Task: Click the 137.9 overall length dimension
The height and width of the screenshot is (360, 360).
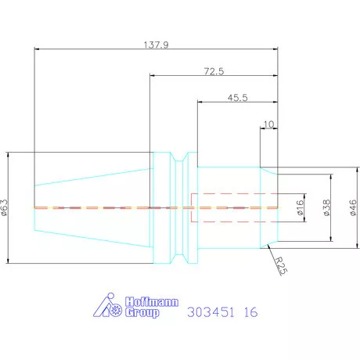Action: pyautogui.click(x=156, y=45)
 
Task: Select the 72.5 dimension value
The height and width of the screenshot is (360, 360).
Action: pyautogui.click(x=214, y=71)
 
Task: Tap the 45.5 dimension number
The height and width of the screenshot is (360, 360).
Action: pyautogui.click(x=237, y=98)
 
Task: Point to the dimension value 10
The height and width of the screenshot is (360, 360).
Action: pyautogui.click(x=268, y=124)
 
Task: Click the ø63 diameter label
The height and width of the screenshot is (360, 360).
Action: pyautogui.click(x=5, y=207)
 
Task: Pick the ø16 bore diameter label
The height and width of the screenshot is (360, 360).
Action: pyautogui.click(x=301, y=207)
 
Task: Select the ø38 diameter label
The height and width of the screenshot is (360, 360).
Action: pyautogui.click(x=326, y=207)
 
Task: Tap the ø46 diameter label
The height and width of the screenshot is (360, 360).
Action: pyautogui.click(x=353, y=207)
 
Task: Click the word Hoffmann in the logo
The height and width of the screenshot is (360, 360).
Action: pyautogui.click(x=152, y=302)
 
